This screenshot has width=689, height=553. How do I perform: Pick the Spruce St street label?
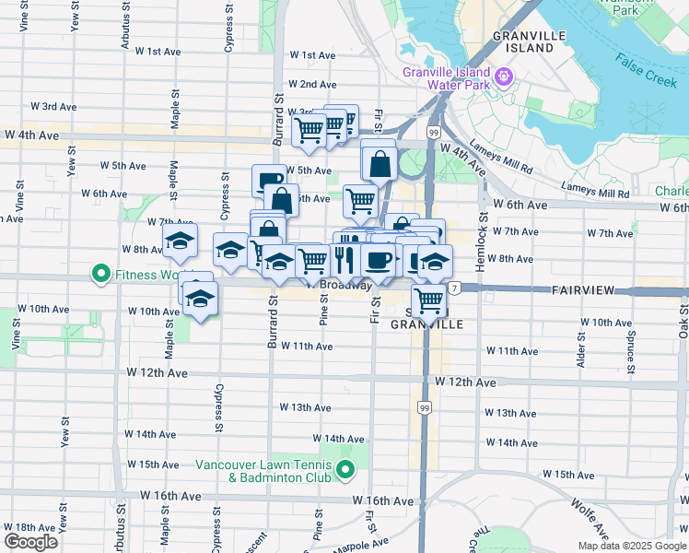click(x=631, y=350)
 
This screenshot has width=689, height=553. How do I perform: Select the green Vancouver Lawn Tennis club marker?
click(x=345, y=472)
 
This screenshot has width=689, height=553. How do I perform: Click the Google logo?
click(x=30, y=542)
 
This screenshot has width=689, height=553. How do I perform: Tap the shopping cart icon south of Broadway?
click(x=429, y=299)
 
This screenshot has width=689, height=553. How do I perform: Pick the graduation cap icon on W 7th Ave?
click(x=180, y=241)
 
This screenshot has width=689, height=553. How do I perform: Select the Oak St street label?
click(x=683, y=327)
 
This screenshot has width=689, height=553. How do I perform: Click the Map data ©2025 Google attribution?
click(x=632, y=546)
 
